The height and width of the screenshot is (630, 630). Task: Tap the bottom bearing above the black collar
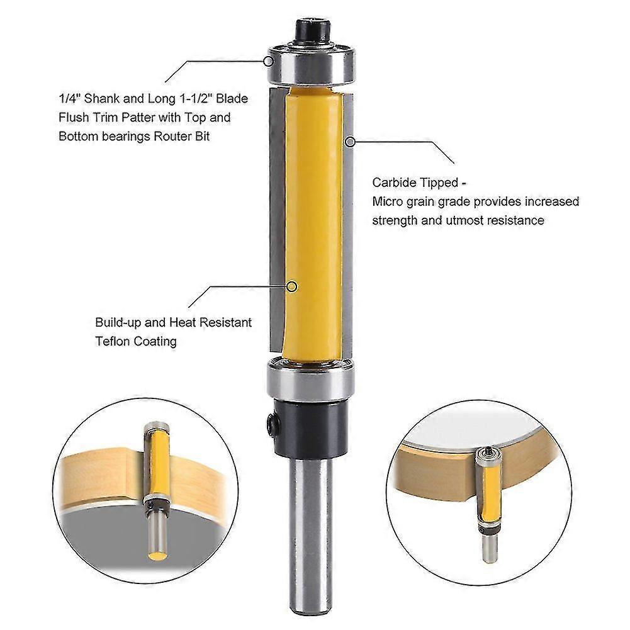point(310,378)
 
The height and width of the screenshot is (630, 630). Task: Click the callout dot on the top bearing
point(268,62)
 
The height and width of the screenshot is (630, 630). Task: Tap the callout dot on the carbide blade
point(351,142)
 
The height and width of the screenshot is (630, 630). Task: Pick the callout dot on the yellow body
point(292,286)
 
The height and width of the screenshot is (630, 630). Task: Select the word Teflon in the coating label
point(113,341)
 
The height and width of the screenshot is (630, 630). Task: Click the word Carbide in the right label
point(394,183)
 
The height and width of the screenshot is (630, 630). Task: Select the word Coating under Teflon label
point(155,342)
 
